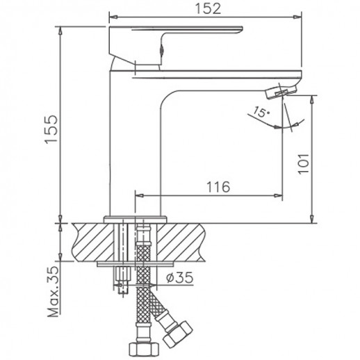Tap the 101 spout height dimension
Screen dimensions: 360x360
point(300,165)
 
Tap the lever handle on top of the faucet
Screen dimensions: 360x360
point(174,38)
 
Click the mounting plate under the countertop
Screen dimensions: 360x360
point(135,265)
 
